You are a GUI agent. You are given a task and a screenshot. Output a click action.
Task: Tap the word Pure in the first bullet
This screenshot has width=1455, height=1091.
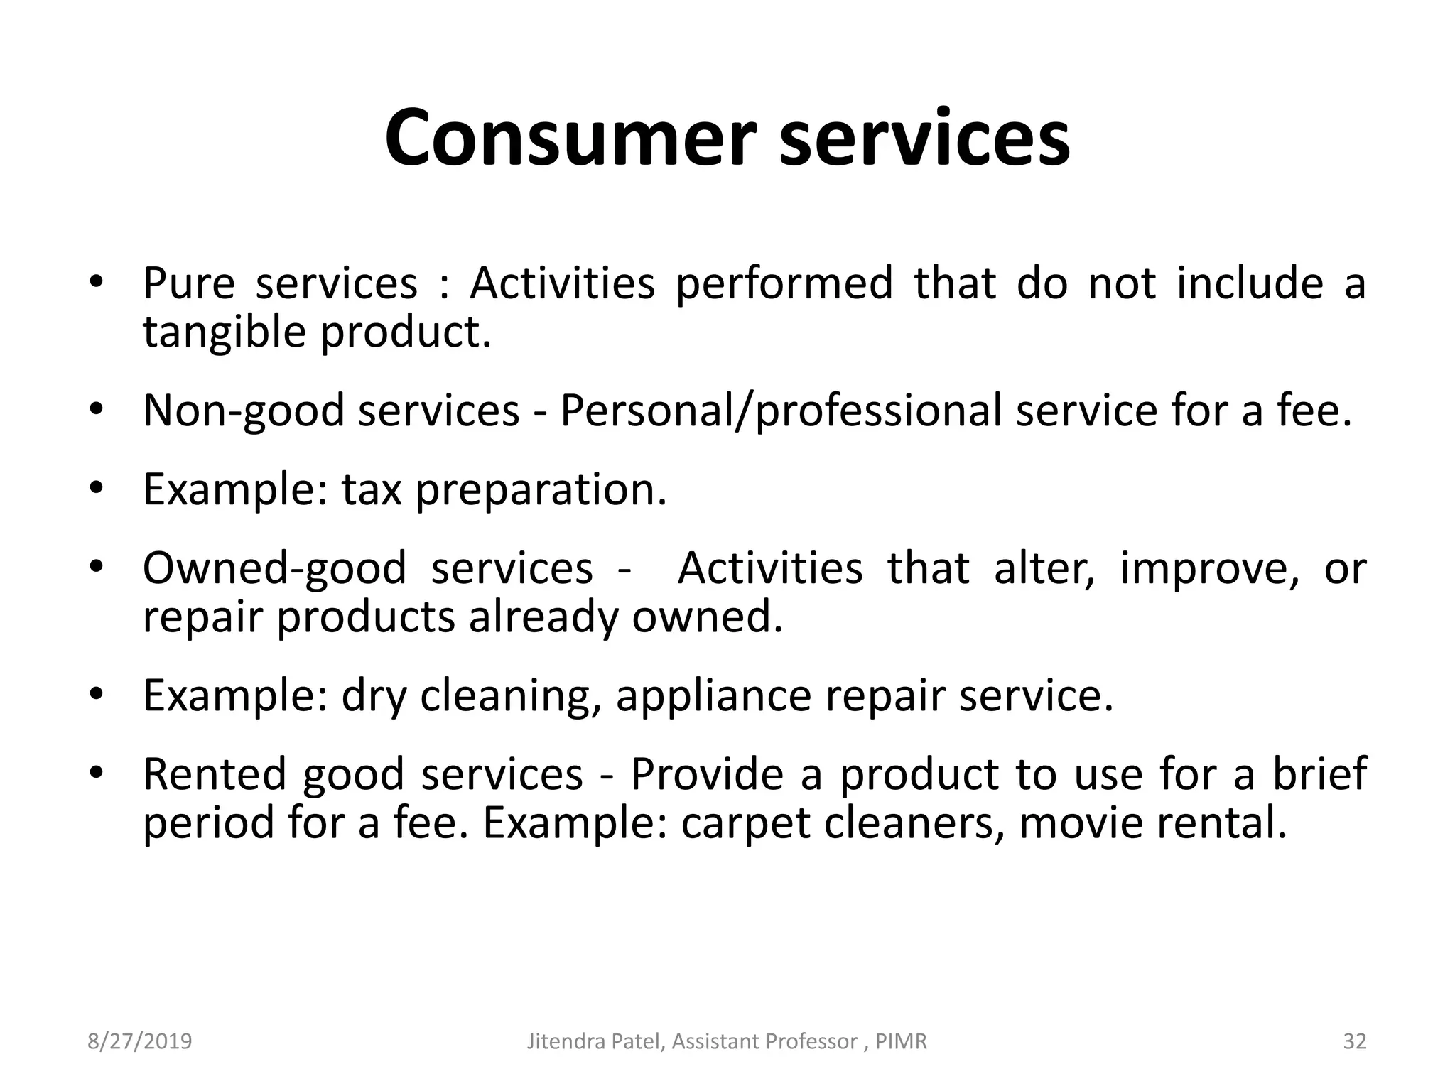click(188, 283)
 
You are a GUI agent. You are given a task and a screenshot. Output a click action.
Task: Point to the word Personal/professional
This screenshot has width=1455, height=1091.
click(781, 411)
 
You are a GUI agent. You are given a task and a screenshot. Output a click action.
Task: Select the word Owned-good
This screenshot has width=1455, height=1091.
click(274, 568)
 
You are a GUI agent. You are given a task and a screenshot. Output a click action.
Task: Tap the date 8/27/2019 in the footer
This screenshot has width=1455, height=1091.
click(140, 1041)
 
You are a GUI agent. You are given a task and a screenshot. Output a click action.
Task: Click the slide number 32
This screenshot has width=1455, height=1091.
click(1355, 1041)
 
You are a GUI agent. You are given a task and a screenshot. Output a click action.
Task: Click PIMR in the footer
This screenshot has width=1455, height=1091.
click(902, 1041)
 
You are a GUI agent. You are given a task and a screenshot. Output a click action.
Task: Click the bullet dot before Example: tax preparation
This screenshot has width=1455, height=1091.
click(97, 488)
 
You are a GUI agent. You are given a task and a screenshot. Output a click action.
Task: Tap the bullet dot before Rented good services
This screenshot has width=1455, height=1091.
click(97, 772)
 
